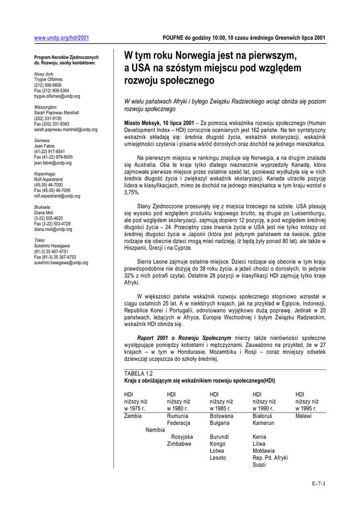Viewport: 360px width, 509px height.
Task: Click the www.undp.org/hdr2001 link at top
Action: [x=61, y=37]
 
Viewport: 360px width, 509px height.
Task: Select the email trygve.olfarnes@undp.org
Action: [x=57, y=96]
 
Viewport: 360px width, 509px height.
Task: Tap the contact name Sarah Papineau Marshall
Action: [x=57, y=113]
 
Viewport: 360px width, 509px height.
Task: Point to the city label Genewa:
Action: [x=42, y=141]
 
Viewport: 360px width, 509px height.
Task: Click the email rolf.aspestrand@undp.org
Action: [x=57, y=196]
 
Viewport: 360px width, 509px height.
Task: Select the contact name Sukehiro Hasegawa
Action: [x=52, y=246]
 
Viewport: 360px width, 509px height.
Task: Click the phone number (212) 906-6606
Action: [x=48, y=85]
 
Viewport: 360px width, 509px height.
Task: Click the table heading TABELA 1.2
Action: [x=138, y=373]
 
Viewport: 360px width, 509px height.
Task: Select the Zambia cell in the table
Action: [x=133, y=416]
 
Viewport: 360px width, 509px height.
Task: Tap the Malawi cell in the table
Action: [x=304, y=416]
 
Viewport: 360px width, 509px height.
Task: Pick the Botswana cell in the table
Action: [x=221, y=416]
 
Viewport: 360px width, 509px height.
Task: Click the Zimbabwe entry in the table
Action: [x=179, y=444]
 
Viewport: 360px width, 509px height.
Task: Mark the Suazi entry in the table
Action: [x=259, y=465]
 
